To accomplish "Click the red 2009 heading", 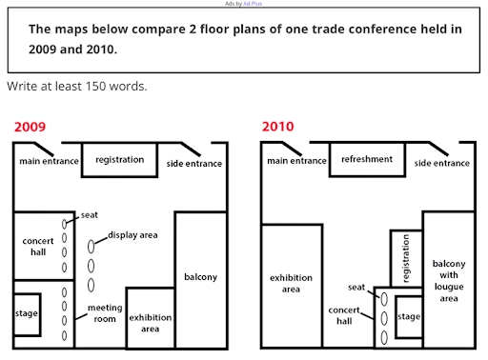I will point(28,127).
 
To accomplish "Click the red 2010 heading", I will point(277,127).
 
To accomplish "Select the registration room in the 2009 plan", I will point(120,160).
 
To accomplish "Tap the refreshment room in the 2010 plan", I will point(367,160).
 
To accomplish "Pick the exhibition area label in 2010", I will point(291,283).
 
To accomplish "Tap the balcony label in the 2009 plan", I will point(200,278).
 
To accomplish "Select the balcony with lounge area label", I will point(449,280).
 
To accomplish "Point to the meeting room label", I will point(105,314).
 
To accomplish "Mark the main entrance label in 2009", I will point(49,163).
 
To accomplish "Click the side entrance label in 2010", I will point(442,163).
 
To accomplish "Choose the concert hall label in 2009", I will point(37,247).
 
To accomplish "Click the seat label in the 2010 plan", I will point(356,286).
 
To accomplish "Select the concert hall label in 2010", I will point(342,316).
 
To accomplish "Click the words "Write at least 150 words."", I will point(76,86).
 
